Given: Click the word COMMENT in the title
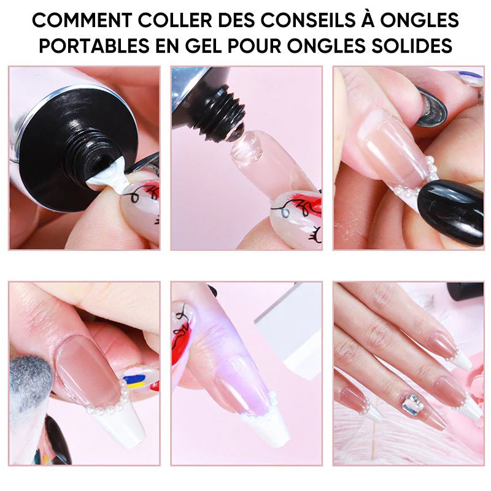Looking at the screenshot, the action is point(82,20).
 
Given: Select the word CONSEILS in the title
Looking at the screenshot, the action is point(308,20).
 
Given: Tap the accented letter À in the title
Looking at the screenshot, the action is point(368,19).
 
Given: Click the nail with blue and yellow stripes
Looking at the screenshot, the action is point(137,379).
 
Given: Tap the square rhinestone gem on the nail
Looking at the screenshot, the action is point(412,403).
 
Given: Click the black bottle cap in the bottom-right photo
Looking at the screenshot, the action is point(465,291).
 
